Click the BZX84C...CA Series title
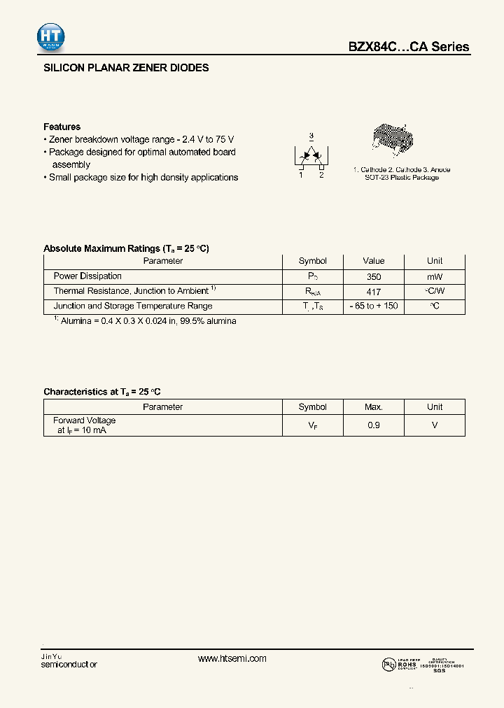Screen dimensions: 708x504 409,47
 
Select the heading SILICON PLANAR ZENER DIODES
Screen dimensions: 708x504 126,69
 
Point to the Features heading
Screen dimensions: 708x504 62,127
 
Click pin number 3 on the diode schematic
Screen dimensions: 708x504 311,136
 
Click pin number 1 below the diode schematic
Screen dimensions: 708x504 301,175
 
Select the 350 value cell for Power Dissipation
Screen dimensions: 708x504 374,276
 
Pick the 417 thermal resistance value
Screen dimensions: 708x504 374,291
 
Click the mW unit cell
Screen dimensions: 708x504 435,276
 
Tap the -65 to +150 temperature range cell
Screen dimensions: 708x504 374,306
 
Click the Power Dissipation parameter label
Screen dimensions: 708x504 87,276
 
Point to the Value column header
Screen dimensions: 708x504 374,261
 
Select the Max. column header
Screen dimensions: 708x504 374,406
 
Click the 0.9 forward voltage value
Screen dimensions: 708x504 374,425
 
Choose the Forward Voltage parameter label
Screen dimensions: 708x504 84,420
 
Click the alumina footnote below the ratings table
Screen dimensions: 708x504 145,321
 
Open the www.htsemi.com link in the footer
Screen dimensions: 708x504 232,658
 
